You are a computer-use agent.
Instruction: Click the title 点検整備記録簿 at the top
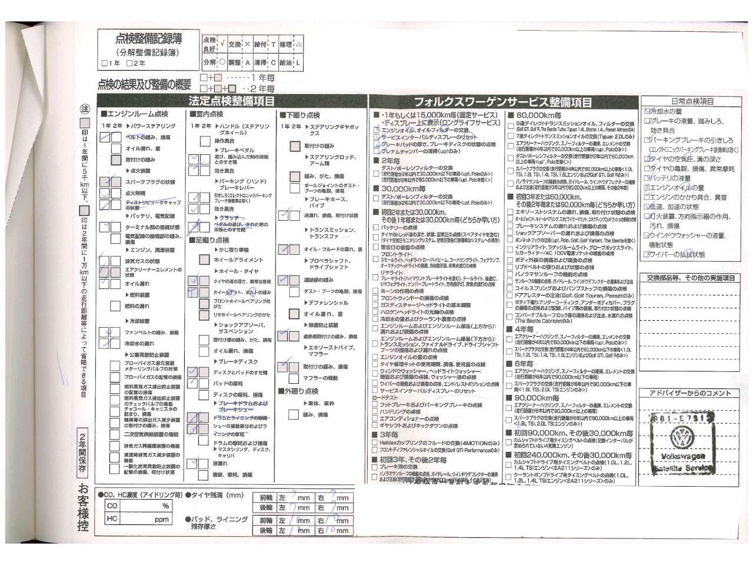tap(148, 39)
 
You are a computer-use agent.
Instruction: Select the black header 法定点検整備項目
tap(231, 101)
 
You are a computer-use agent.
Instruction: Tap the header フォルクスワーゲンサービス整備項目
tap(503, 102)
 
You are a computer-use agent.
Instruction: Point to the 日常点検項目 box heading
tap(692, 101)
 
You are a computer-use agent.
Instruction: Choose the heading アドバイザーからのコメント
tap(690, 393)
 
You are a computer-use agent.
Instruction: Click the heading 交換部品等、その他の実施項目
tap(691, 278)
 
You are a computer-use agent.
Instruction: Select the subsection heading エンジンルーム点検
tap(136, 114)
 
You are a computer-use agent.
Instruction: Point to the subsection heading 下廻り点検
tap(301, 115)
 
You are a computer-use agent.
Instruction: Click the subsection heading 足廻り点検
tap(210, 240)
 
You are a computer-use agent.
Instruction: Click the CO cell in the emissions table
tap(112, 506)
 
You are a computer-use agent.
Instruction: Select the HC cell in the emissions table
tap(112, 519)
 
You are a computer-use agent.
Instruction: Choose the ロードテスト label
tap(385, 398)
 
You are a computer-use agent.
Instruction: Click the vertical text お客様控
tap(84, 508)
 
